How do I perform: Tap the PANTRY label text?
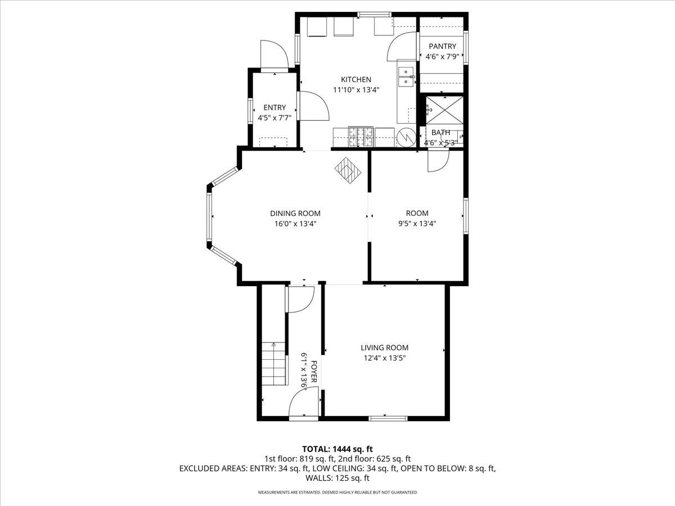click(442, 46)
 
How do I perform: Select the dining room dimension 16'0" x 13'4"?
click(295, 223)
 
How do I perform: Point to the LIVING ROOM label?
click(384, 347)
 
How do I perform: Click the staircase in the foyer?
click(274, 364)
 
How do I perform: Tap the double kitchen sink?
click(406, 77)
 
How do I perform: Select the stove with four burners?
click(361, 136)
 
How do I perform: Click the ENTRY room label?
click(274, 107)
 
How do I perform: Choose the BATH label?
click(440, 133)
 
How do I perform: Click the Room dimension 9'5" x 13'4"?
click(417, 223)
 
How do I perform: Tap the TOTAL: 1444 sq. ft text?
click(337, 449)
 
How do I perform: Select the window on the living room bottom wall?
click(388, 418)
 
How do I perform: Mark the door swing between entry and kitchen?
click(313, 106)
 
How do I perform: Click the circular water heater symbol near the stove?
click(405, 137)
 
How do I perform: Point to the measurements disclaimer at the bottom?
click(337, 493)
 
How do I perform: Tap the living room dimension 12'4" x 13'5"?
click(384, 358)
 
